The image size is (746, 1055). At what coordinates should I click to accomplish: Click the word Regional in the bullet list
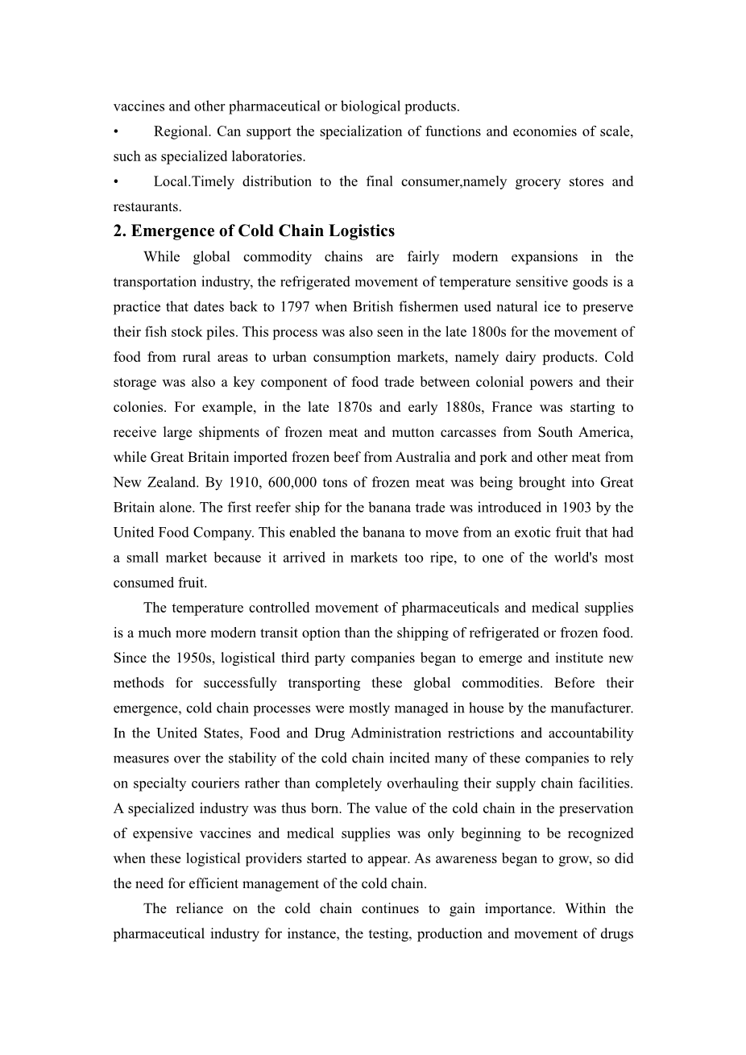click(x=181, y=131)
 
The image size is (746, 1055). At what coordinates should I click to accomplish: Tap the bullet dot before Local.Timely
click(x=117, y=181)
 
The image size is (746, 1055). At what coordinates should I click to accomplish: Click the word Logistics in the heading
click(x=359, y=231)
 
